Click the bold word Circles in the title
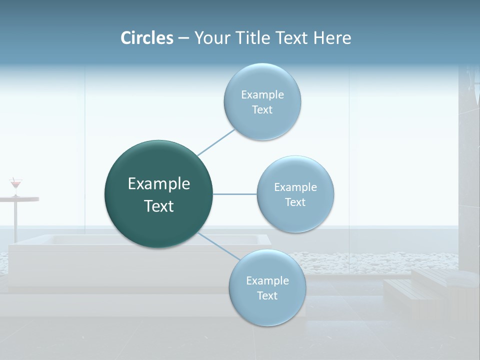tap(146, 38)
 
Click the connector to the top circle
tap(216, 141)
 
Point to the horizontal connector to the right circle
tap(234, 194)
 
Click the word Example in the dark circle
tap(158, 184)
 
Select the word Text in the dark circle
tap(158, 206)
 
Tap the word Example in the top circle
tap(262, 95)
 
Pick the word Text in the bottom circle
tap(267, 296)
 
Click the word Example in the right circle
tap(295, 187)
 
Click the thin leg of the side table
tap(15, 220)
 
